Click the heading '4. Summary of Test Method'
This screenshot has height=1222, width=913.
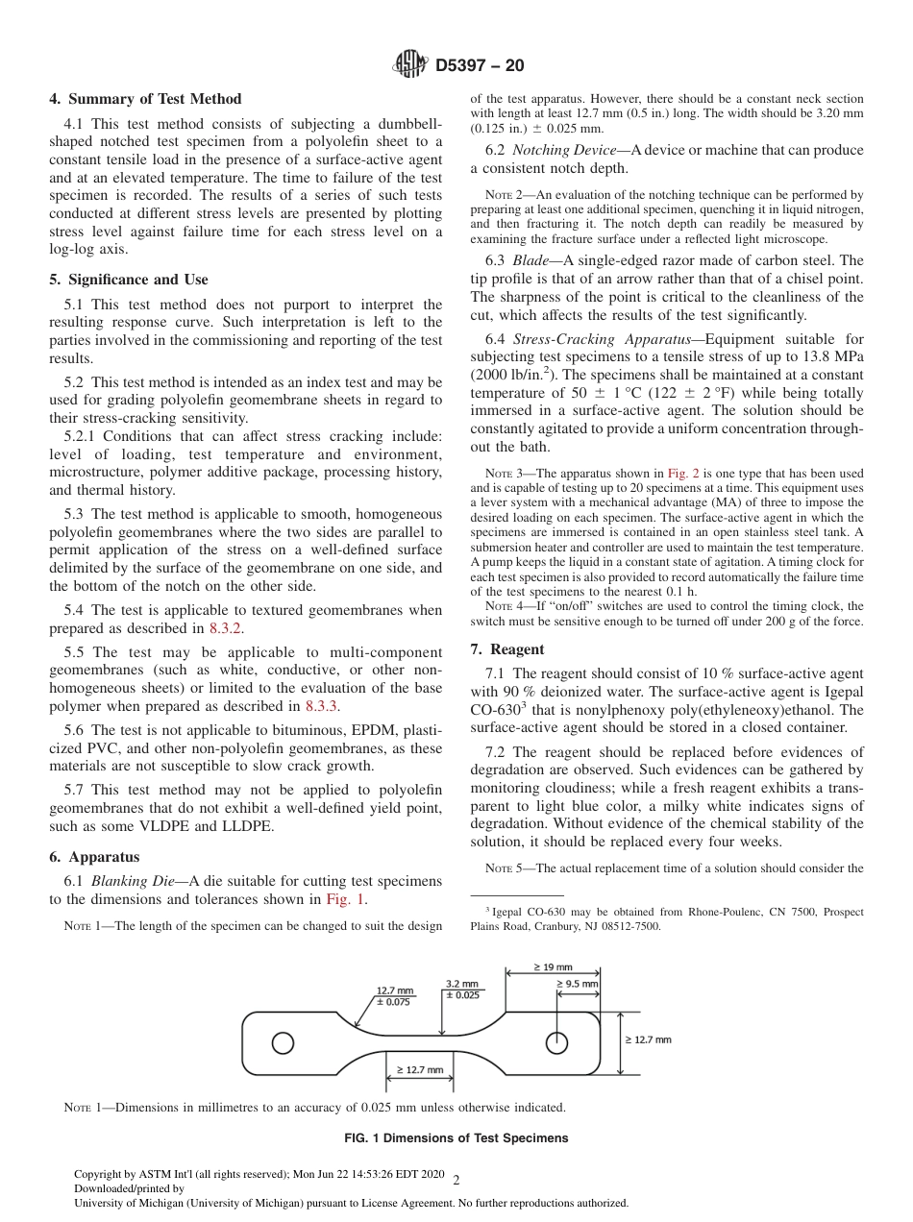tap(145, 99)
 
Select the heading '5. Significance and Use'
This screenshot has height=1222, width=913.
tap(129, 280)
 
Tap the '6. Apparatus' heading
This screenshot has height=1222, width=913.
tap(94, 857)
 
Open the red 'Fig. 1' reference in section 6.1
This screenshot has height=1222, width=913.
tap(346, 900)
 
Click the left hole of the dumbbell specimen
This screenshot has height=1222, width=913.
tap(282, 1042)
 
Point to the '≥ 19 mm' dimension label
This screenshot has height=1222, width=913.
tap(553, 967)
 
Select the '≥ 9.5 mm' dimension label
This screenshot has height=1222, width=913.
tap(577, 985)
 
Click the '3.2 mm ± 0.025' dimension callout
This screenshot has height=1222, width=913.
tap(462, 990)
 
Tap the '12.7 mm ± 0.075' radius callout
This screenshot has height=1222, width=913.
tap(394, 996)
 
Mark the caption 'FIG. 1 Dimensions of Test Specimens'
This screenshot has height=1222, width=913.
tap(456, 1138)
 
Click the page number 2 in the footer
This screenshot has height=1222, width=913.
tap(456, 1181)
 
